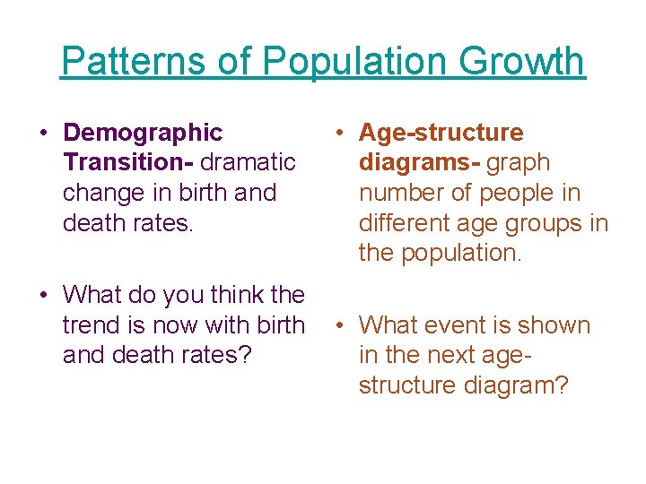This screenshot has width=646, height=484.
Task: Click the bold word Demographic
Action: pos(143,133)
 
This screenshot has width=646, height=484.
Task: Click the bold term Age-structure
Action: pos(441,133)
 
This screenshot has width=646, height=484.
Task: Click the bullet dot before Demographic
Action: pos(43,134)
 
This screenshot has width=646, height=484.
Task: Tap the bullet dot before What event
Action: pos(339,325)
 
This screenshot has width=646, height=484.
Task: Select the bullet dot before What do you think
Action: pos(43,295)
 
